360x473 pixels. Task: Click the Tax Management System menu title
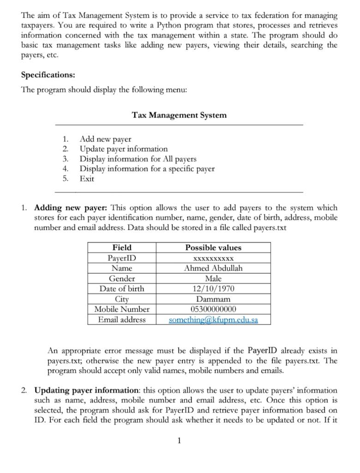[179, 115]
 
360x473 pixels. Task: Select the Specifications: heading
[48, 75]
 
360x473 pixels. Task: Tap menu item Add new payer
[105, 139]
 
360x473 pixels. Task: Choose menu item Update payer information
[124, 149]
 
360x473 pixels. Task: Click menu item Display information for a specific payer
[147, 169]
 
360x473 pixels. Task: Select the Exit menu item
[87, 179]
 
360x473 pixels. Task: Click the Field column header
[122, 248]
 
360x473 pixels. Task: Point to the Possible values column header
[213, 248]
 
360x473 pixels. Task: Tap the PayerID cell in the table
[122, 258]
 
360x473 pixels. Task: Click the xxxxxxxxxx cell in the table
[213, 258]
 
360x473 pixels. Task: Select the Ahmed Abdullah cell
[213, 268]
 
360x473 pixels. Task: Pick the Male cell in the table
[213, 279]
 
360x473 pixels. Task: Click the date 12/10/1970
[213, 289]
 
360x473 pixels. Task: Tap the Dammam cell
[213, 299]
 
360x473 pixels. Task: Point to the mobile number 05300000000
[213, 309]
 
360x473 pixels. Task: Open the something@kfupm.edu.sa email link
[213, 320]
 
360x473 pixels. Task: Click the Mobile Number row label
[122, 309]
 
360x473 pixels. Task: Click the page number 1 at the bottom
[179, 441]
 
